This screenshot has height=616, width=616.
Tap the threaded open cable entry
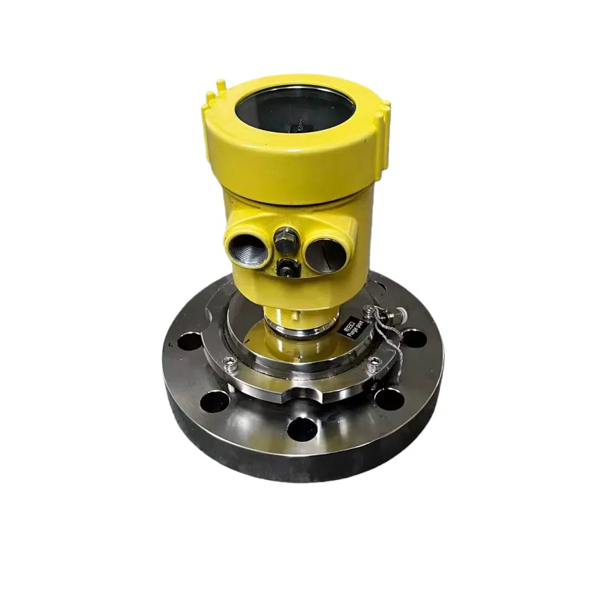[x=248, y=245]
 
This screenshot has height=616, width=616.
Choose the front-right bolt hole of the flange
[x=389, y=399]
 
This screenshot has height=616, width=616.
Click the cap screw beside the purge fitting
[x=369, y=309]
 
